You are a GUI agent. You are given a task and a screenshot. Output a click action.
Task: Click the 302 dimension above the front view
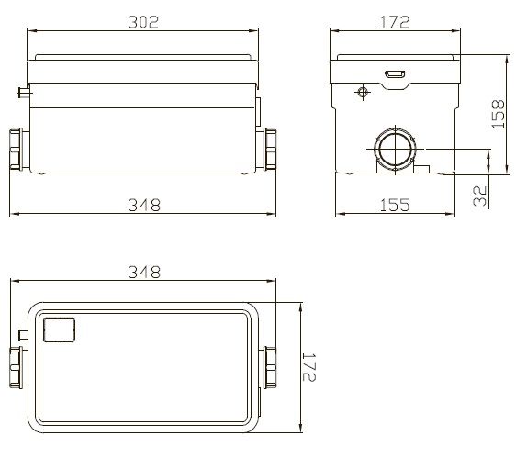click(143, 22)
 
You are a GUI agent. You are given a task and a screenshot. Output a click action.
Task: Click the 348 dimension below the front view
click(144, 205)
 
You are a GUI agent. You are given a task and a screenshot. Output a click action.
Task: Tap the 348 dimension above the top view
click(144, 272)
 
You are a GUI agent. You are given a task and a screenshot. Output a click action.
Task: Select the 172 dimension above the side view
click(395, 22)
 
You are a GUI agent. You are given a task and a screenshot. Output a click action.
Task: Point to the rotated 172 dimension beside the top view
click(309, 367)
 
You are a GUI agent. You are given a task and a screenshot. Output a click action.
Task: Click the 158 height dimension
click(498, 114)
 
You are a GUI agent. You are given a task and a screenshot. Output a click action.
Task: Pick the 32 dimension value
click(480, 195)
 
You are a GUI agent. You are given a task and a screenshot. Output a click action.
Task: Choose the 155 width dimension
click(395, 205)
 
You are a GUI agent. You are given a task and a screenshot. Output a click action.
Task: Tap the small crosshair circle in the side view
click(363, 92)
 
